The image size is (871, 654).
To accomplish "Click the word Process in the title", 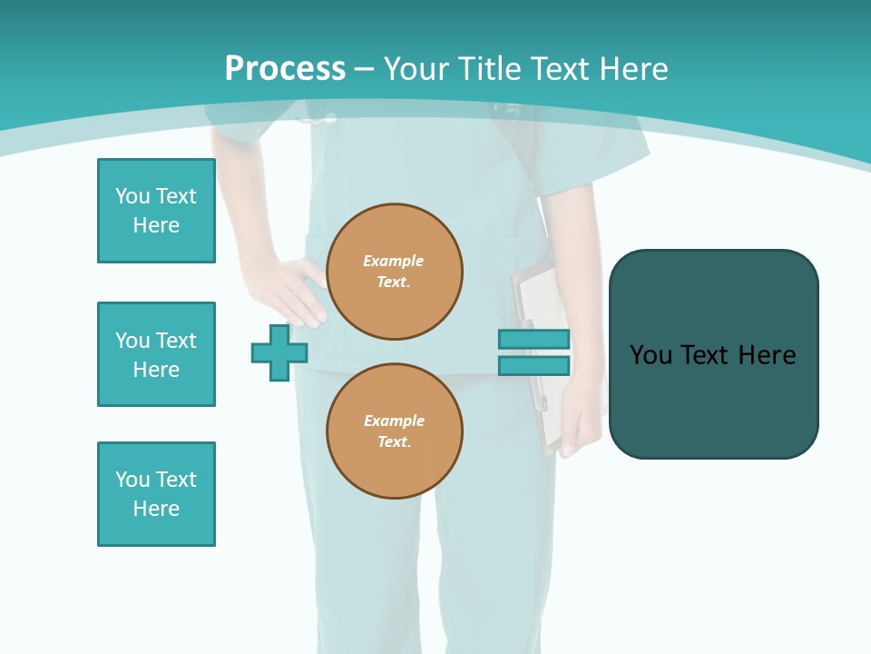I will point(285,69).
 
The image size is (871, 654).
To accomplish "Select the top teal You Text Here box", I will point(156,211).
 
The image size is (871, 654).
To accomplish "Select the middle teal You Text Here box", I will point(156,354).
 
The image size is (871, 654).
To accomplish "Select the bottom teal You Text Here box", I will point(156,494).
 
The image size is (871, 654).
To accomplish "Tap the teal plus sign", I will point(279,352).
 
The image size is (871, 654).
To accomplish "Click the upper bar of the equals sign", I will point(533,339).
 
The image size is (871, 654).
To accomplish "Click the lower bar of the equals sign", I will point(533,365).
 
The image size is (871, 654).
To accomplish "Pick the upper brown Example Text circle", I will point(394,272).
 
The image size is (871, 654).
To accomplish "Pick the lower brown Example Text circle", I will point(394,431).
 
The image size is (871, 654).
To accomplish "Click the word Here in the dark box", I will point(767,355).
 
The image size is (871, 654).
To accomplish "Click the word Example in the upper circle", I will point(393,261).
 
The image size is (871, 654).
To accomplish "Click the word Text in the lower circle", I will point(393,442).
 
